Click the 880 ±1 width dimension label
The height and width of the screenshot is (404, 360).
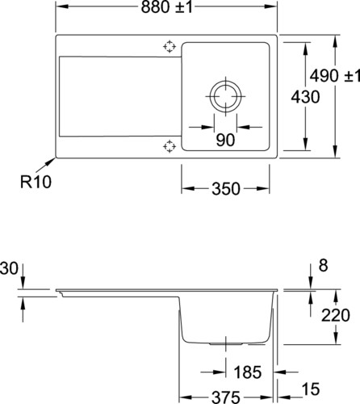pos(167,7)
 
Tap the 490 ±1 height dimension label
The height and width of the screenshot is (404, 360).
pos(335,76)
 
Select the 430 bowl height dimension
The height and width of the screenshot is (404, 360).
pos(305,97)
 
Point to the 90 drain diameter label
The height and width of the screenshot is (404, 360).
pos(225,140)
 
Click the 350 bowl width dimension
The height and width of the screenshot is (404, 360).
pos(226,188)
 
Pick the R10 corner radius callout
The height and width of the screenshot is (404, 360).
pos(36,182)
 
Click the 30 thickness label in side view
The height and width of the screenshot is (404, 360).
pos(9,269)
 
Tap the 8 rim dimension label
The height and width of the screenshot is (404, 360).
pos(323,266)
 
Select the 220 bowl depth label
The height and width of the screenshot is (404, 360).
pos(336,315)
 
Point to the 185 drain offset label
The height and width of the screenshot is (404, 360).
pos(248,372)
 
